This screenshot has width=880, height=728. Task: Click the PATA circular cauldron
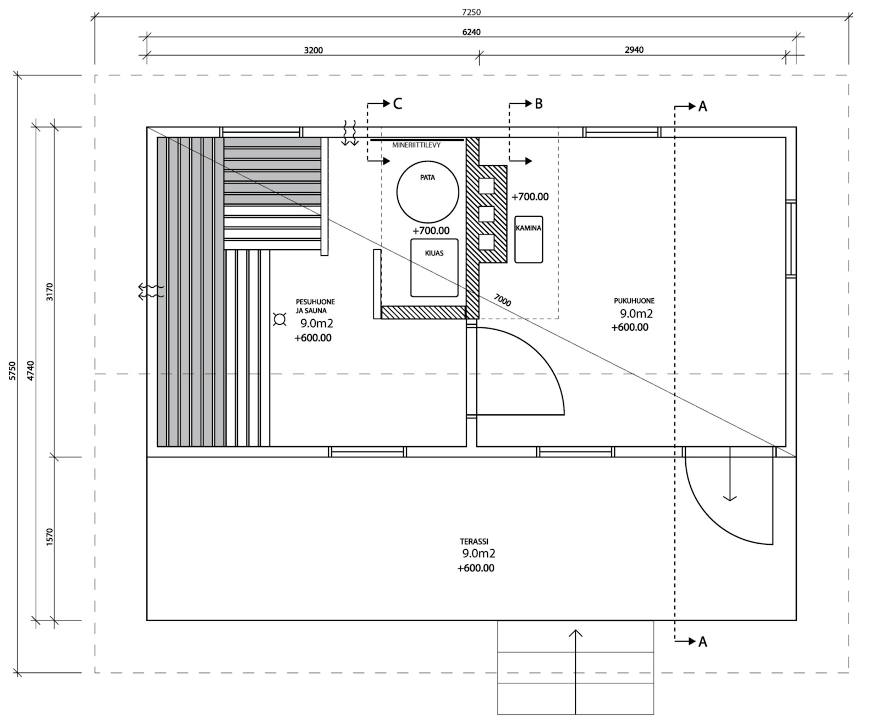coord(427,192)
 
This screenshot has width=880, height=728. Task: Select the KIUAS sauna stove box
coord(435,267)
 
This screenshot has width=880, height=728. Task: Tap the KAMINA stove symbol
coord(529,239)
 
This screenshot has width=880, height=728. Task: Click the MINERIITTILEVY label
coord(416,145)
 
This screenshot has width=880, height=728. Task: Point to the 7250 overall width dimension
coord(471,12)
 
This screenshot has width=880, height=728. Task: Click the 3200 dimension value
coord(313,50)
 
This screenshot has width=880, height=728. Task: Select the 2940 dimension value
coord(634,50)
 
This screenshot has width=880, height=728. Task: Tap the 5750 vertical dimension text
coord(13,371)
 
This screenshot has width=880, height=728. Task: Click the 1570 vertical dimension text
coord(50,537)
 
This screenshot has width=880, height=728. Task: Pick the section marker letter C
coord(398,103)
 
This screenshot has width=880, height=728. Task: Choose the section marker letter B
coord(538,103)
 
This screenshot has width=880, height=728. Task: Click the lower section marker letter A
coord(702,642)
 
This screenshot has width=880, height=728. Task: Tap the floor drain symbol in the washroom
coord(280,319)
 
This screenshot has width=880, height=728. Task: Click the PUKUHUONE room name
coord(634,301)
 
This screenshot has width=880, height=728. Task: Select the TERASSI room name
coord(474,541)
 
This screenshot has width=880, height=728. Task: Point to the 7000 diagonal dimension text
coord(502,300)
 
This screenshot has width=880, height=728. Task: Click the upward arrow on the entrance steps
coord(575,634)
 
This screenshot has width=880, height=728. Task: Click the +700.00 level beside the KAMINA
coord(530,196)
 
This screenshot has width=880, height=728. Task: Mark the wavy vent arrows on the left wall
coord(150,291)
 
